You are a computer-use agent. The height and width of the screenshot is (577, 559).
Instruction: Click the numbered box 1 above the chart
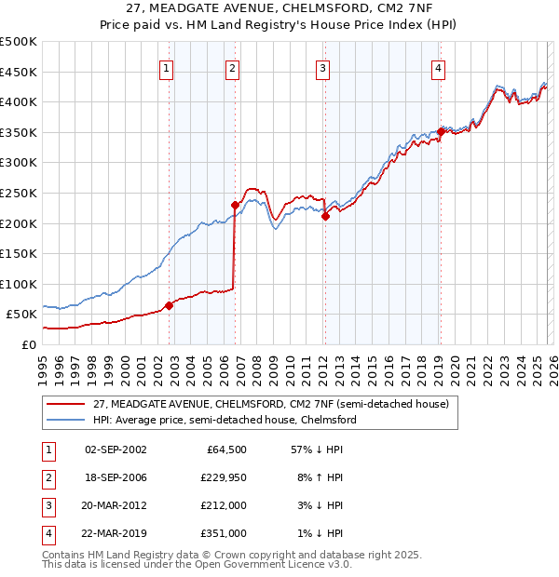pyautogui.click(x=166, y=67)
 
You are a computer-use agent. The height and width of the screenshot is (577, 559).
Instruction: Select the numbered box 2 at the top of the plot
pyautogui.click(x=232, y=67)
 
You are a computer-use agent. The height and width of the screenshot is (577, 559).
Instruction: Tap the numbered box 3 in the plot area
pyautogui.click(x=322, y=67)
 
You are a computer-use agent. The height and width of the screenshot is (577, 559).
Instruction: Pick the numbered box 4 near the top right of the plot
pyautogui.click(x=438, y=67)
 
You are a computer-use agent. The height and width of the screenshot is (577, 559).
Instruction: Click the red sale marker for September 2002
pyautogui.click(x=169, y=305)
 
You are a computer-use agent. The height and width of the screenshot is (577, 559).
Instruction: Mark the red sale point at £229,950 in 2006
pyautogui.click(x=235, y=205)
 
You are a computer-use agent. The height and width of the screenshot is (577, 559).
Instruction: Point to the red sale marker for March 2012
pyautogui.click(x=325, y=216)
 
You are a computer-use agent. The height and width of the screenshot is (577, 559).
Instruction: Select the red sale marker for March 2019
pyautogui.click(x=441, y=132)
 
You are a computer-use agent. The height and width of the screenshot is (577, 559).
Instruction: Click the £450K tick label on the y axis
pyautogui.click(x=19, y=72)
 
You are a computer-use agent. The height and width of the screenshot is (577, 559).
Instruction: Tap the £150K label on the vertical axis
pyautogui.click(x=19, y=253)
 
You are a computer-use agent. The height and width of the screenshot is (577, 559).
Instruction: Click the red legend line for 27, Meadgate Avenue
pyautogui.click(x=65, y=405)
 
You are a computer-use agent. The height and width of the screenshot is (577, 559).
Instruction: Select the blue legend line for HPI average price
pyautogui.click(x=65, y=421)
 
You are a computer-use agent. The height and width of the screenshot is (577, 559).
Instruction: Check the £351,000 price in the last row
pyautogui.click(x=224, y=533)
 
